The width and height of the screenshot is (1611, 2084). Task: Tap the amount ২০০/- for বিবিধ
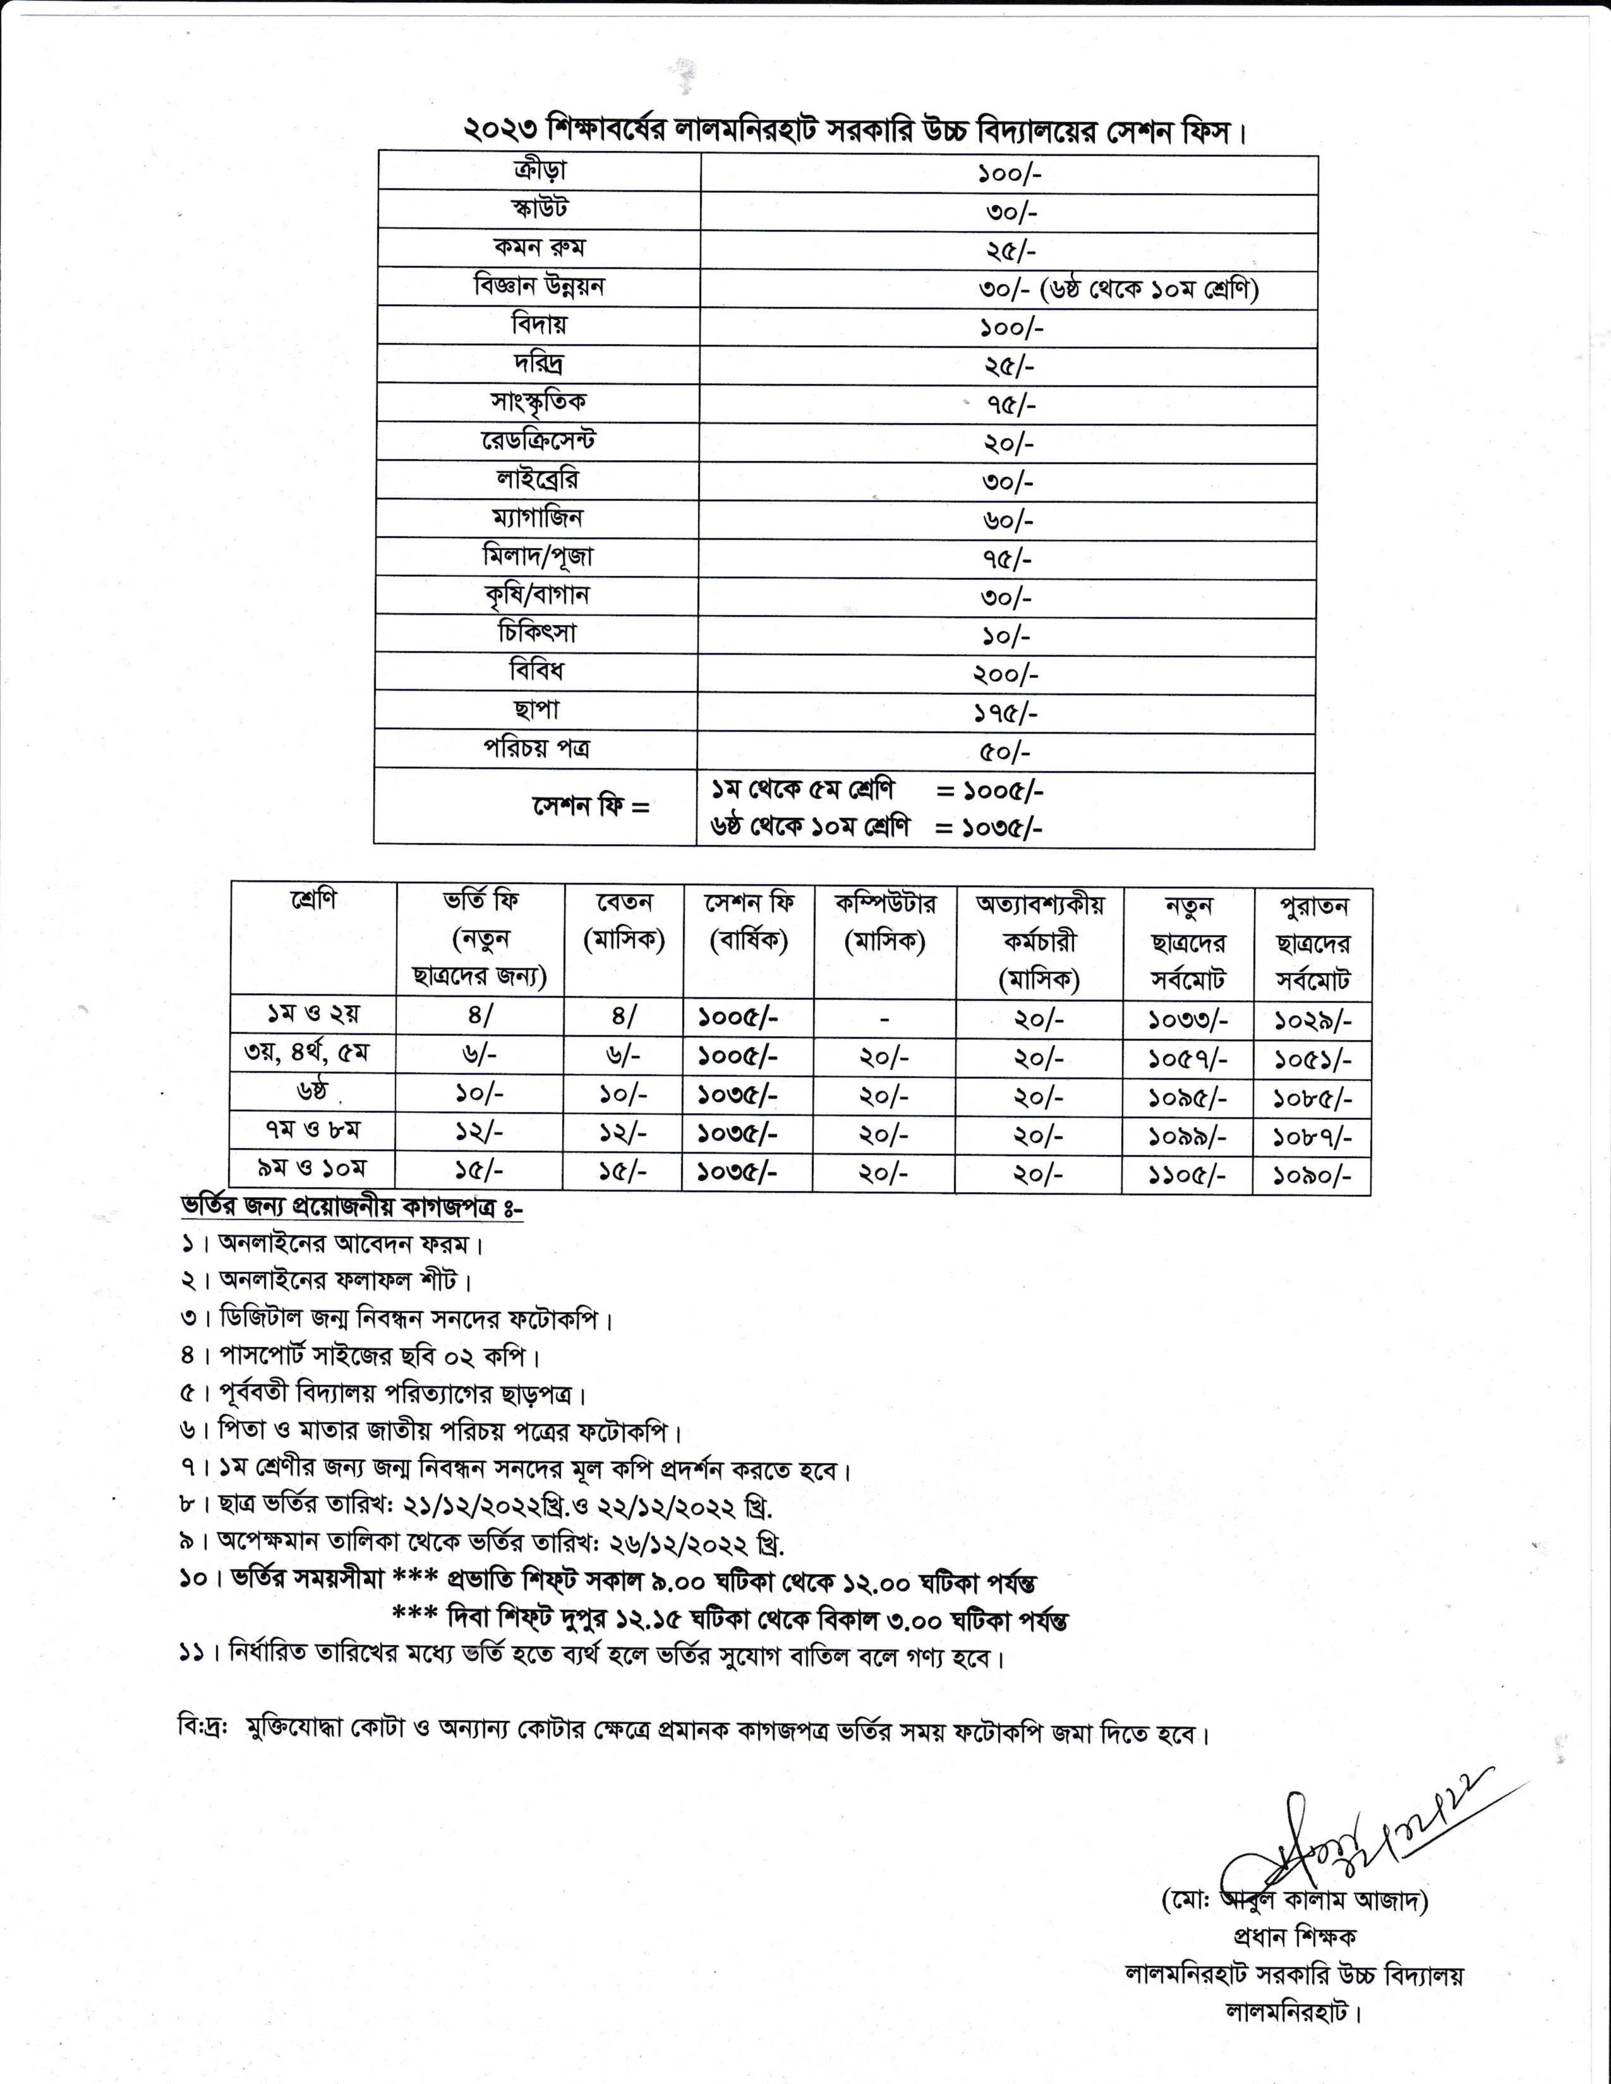pos(1005,675)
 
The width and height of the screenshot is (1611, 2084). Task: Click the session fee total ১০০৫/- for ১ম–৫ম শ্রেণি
pos(1004,791)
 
